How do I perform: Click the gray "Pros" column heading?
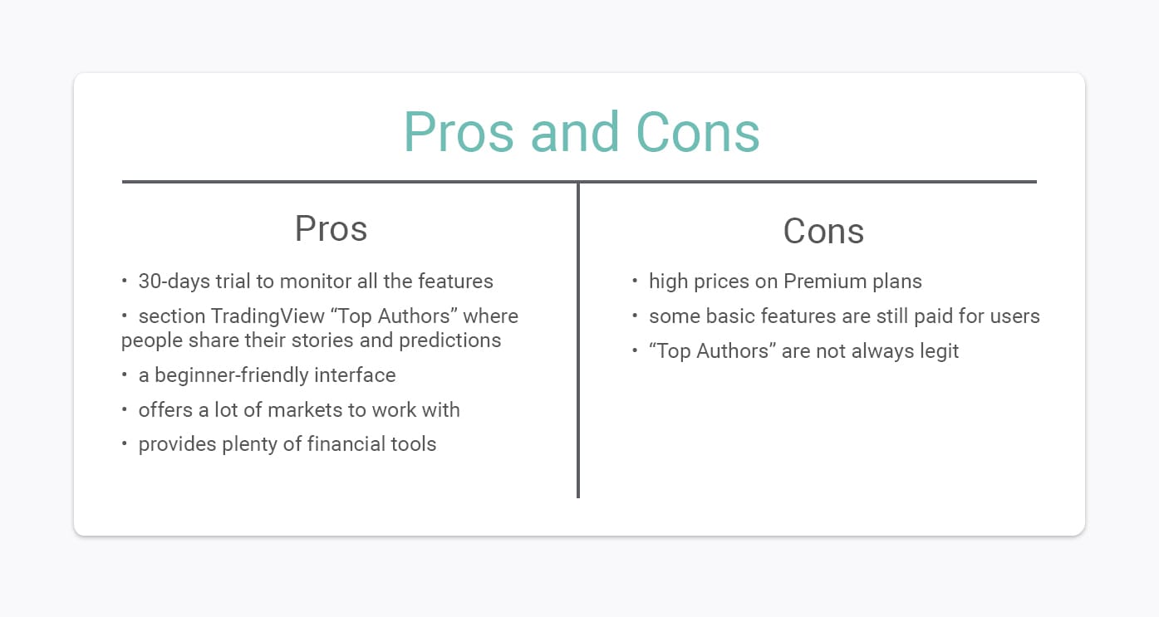click(x=331, y=228)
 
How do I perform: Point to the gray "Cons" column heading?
click(x=823, y=231)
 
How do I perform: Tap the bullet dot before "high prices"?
click(x=635, y=282)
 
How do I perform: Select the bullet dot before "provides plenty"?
click(x=125, y=444)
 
